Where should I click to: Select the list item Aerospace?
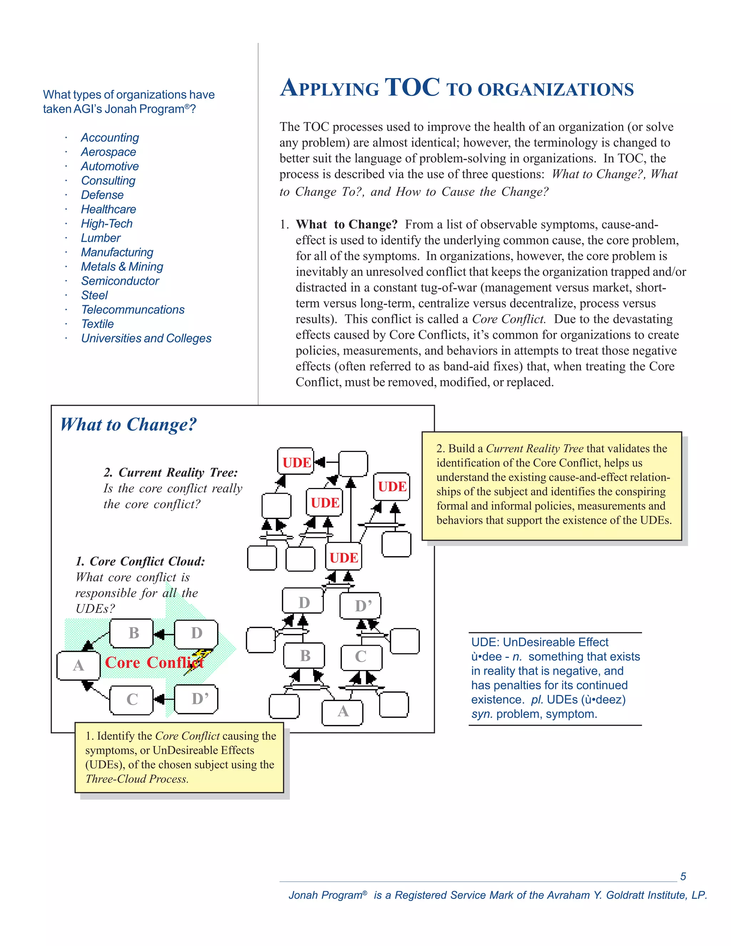[x=108, y=152]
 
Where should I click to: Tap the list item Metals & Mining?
[x=122, y=266]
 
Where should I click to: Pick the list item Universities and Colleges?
[x=146, y=338]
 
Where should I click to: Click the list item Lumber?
[x=100, y=238]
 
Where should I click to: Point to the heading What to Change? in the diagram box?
[x=128, y=424]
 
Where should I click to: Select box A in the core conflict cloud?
[x=79, y=665]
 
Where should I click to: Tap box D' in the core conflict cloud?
[x=196, y=699]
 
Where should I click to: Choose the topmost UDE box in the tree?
[x=296, y=462]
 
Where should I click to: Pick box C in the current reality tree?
[x=361, y=656]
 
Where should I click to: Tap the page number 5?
[x=683, y=876]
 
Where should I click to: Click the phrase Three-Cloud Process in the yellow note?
[x=136, y=779]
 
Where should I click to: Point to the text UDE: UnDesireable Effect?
[x=540, y=642]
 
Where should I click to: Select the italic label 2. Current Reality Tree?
[x=171, y=472]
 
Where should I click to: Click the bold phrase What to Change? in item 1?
[x=347, y=225]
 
